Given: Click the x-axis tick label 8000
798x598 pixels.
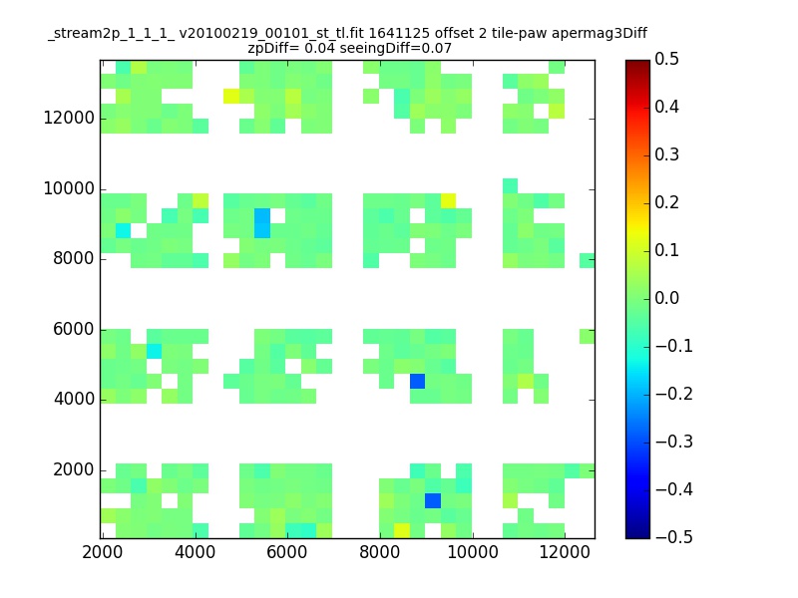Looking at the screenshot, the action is pyautogui.click(x=380, y=552).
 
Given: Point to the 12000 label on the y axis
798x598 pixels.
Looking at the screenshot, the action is pyautogui.click(x=69, y=118).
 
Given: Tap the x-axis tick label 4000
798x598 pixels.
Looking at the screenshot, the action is pyautogui.click(x=195, y=552).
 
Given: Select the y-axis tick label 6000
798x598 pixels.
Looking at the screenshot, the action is pyautogui.click(x=74, y=329).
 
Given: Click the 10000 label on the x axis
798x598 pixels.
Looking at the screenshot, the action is pyautogui.click(x=473, y=552).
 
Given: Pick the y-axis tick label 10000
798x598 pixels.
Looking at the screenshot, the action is pyautogui.click(x=69, y=188).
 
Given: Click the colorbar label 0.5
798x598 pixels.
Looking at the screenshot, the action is pyautogui.click(x=666, y=59).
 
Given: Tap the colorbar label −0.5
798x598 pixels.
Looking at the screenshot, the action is pyautogui.click(x=674, y=537).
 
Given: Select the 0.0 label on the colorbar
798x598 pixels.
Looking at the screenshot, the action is pyautogui.click(x=666, y=298).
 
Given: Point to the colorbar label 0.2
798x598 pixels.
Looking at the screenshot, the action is pyautogui.click(x=666, y=202).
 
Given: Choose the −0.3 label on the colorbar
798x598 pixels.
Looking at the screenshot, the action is pyautogui.click(x=674, y=442).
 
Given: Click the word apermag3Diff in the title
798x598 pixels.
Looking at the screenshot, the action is pyautogui.click(x=599, y=34).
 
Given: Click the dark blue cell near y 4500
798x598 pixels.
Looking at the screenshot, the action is pyautogui.click(x=417, y=381).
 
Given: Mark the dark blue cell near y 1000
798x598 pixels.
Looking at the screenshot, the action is pyautogui.click(x=433, y=500).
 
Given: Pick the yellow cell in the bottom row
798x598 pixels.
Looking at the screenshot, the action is pyautogui.click(x=402, y=530).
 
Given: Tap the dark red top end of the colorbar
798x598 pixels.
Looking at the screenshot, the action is pyautogui.click(x=637, y=63).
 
